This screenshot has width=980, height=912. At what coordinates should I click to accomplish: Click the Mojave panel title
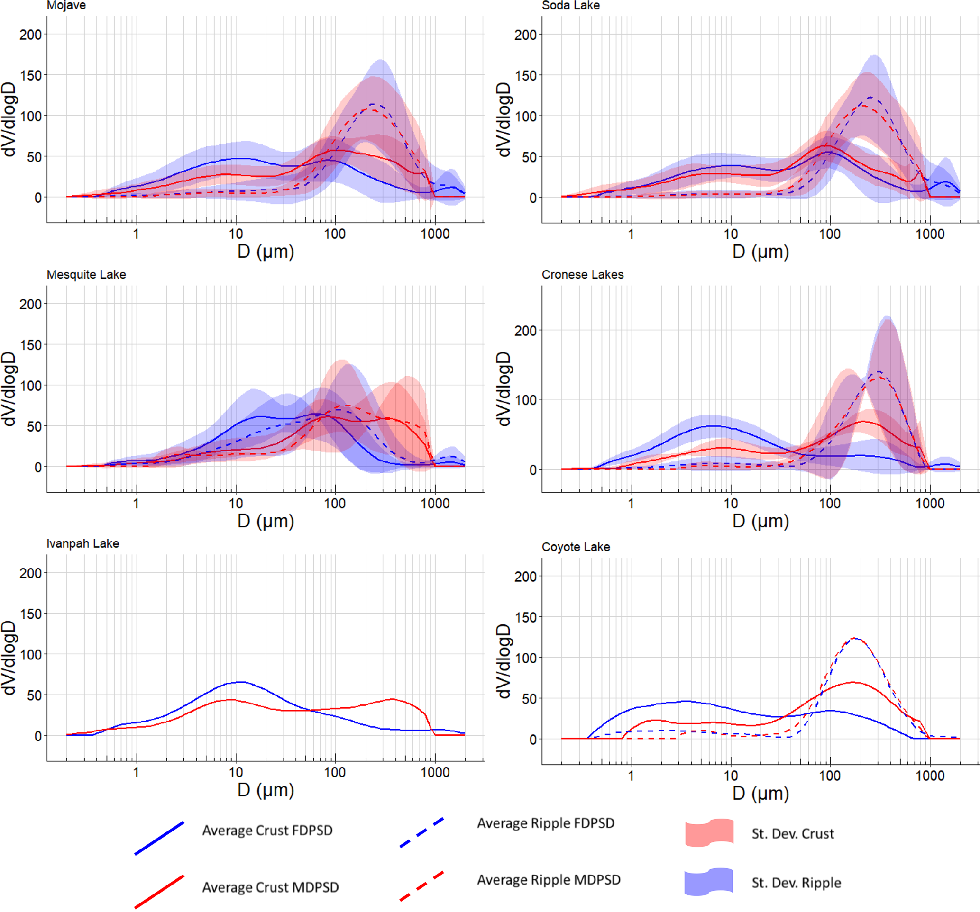pyautogui.click(x=66, y=5)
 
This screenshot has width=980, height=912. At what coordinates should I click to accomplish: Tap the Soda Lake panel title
pyautogui.click(x=570, y=5)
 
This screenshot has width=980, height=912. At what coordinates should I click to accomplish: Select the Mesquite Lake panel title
pyautogui.click(x=86, y=274)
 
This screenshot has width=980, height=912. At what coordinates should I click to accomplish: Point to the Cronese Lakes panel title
pyautogui.click(x=582, y=274)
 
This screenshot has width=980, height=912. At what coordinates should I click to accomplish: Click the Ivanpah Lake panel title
pyautogui.click(x=83, y=543)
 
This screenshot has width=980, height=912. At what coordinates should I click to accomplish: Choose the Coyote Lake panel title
pyautogui.click(x=576, y=547)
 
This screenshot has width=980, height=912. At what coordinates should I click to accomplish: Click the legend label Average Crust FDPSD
pyautogui.click(x=267, y=831)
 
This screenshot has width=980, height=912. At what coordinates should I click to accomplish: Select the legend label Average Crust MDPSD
pyautogui.click(x=270, y=887)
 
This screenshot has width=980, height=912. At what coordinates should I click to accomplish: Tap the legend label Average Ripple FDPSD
pyautogui.click(x=545, y=823)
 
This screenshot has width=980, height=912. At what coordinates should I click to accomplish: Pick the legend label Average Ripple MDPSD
pyautogui.click(x=548, y=880)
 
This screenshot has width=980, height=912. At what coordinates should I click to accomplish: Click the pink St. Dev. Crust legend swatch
pyautogui.click(x=709, y=833)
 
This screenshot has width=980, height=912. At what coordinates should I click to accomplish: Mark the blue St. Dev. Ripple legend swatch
pyautogui.click(x=708, y=882)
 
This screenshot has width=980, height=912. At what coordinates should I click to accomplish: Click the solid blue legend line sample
pyautogui.click(x=159, y=838)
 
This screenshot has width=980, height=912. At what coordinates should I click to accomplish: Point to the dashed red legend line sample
pyautogui.click(x=421, y=886)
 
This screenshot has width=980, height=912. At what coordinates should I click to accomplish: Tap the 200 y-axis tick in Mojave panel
pyautogui.click(x=30, y=35)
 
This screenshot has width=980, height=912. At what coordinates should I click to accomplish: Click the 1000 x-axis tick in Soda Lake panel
pyautogui.click(x=930, y=234)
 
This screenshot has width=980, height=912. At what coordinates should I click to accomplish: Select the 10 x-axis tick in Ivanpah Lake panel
pyautogui.click(x=236, y=773)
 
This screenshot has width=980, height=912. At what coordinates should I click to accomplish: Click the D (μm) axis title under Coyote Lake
pyautogui.click(x=760, y=793)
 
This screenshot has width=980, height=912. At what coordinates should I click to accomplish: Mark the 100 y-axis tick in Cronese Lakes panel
pyautogui.click(x=525, y=400)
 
